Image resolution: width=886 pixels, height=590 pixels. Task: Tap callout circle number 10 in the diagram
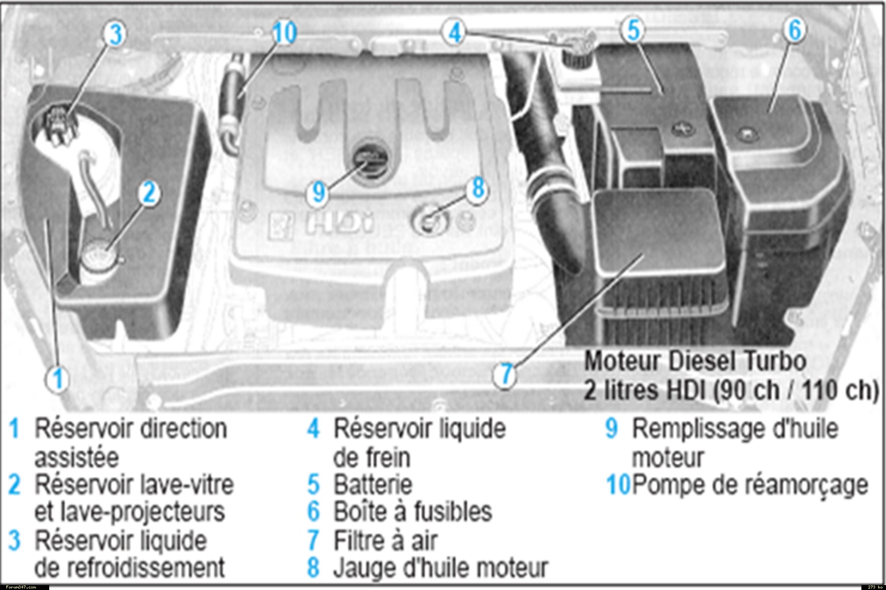pyautogui.click(x=284, y=32)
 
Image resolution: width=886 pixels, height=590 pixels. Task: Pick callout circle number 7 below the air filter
pyautogui.click(x=506, y=375)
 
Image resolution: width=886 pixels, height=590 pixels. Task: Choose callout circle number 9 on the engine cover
pyautogui.click(x=319, y=192)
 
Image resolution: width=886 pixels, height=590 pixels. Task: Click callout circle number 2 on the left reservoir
pyautogui.click(x=149, y=192)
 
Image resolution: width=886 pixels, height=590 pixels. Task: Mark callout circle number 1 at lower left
pyautogui.click(x=58, y=379)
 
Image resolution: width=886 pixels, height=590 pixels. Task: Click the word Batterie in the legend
pyautogui.click(x=373, y=484)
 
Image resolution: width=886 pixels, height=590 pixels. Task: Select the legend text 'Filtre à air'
pyautogui.click(x=385, y=540)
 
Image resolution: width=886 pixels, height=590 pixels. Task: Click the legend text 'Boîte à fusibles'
pyautogui.click(x=412, y=511)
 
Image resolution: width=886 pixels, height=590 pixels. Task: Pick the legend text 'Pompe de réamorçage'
pyautogui.click(x=750, y=486)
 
